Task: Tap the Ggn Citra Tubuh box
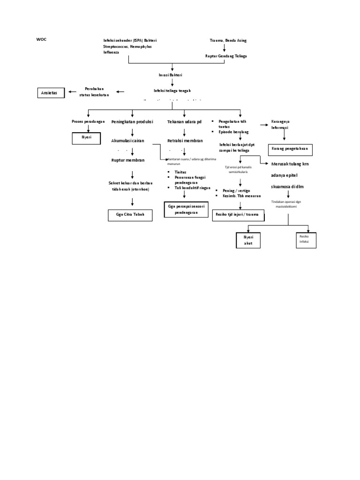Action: point(130,215)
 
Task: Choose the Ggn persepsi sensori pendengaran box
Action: point(185,210)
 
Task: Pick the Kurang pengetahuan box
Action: point(289,150)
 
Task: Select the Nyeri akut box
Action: point(248,240)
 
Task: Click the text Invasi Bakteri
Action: point(172,75)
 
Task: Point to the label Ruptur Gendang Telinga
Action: point(226,56)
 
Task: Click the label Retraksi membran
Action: point(185,140)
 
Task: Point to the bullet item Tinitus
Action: point(180,172)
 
